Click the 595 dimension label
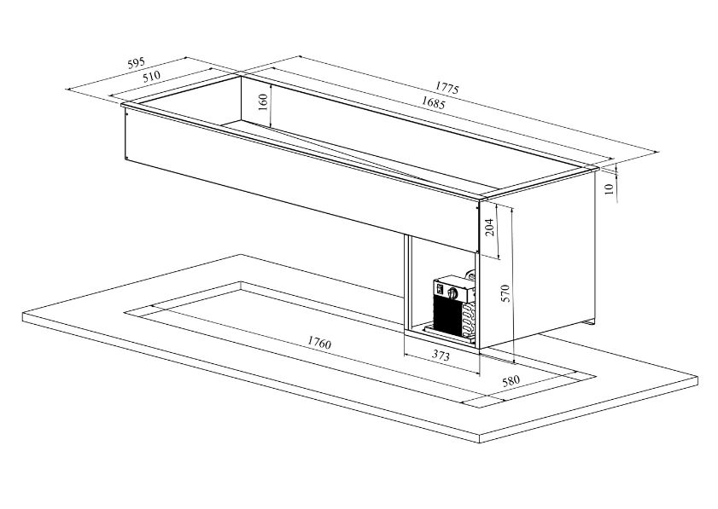click(x=136, y=63)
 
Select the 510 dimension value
click(x=152, y=76)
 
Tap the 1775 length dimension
click(x=447, y=87)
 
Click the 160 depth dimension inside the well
click(x=263, y=102)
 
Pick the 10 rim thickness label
click(x=609, y=189)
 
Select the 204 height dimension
click(x=489, y=228)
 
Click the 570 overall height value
click(x=505, y=293)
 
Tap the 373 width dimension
click(x=441, y=356)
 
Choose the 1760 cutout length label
click(x=319, y=342)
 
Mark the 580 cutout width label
click(x=511, y=381)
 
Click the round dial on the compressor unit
click(x=454, y=292)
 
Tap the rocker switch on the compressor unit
click(x=440, y=288)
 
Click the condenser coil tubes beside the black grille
click(x=469, y=319)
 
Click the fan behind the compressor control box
click(x=470, y=275)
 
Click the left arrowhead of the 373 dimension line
click(x=407, y=354)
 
